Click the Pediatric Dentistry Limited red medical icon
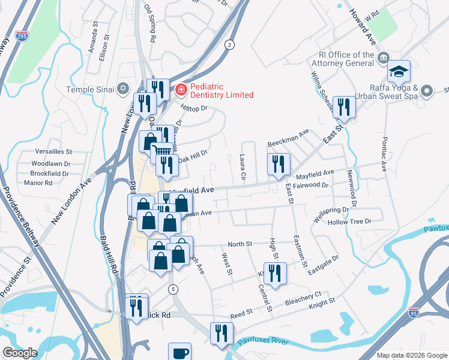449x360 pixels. [180, 90]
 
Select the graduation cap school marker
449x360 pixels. [399, 73]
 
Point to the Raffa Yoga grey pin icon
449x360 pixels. [427, 91]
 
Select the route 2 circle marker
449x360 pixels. [229, 44]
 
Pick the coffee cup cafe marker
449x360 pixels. [179, 353]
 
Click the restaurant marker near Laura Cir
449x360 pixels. [279, 164]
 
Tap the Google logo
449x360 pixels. [19, 353]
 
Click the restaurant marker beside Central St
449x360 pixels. [275, 274]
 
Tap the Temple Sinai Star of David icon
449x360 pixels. [124, 89]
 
